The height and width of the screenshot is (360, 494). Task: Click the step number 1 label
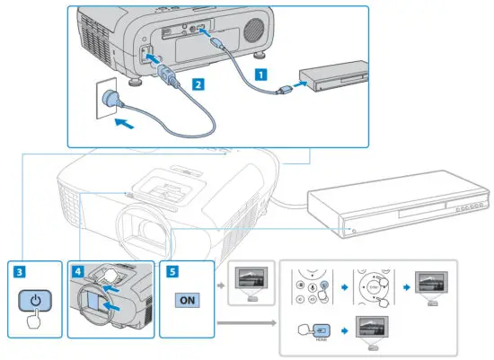tap(261, 76)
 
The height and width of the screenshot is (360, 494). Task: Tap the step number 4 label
tap(78, 268)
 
